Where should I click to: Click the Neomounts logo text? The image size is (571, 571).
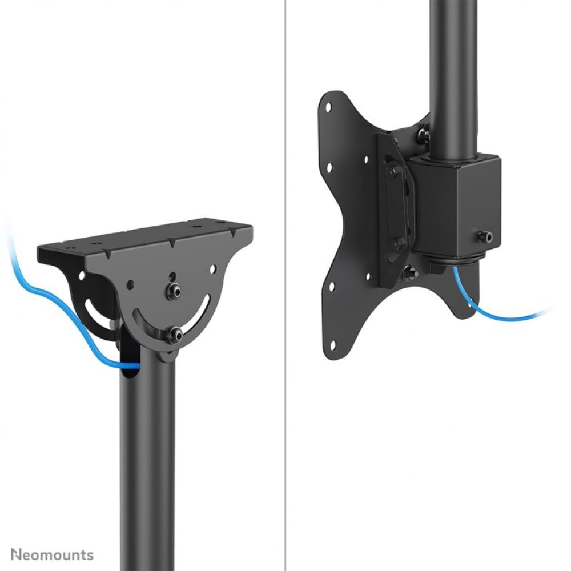[x=52, y=554]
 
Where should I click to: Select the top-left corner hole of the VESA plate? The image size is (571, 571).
[x=328, y=106]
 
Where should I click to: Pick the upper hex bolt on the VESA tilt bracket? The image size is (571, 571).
[x=393, y=171]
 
